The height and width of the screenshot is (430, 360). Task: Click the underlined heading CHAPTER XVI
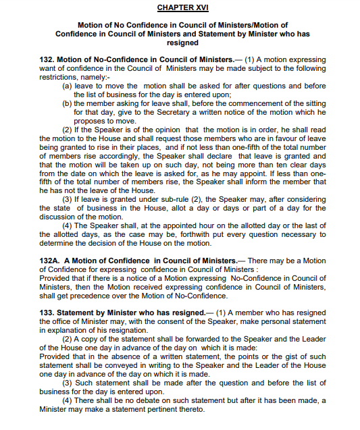183,7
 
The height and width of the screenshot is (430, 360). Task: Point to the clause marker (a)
68,86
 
